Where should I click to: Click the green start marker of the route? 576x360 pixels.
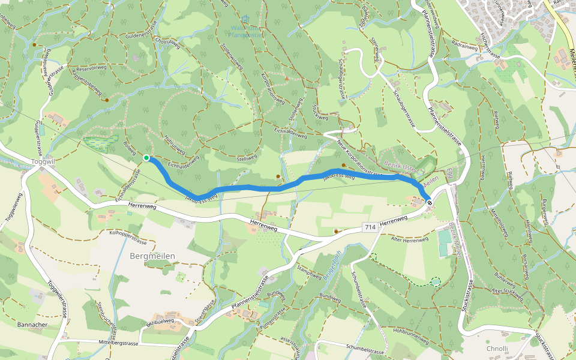(146, 158)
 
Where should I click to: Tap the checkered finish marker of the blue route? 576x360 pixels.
(430, 203)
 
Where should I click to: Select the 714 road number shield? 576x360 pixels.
(370, 227)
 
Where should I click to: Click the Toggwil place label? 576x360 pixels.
(42, 161)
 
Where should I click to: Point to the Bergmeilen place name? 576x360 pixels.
(152, 256)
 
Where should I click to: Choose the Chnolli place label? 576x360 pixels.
(497, 349)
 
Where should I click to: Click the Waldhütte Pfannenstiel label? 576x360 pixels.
(247, 31)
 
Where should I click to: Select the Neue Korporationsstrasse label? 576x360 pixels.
(360, 158)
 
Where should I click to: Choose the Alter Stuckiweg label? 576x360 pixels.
(507, 291)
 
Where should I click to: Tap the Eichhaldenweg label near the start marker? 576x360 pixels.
(183, 161)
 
